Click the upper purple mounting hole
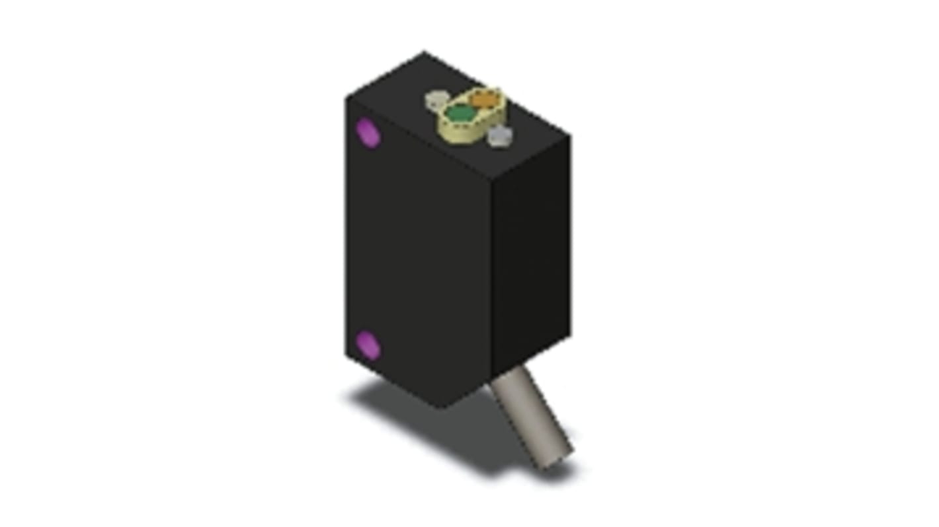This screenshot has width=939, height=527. click(368, 132)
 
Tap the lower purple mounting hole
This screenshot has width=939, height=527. click(368, 345)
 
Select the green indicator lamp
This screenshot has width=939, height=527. click(459, 114)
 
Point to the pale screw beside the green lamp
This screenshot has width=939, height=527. click(436, 101)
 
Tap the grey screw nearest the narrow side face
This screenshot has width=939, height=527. click(500, 137)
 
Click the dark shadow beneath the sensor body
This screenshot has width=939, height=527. click(423, 423)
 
